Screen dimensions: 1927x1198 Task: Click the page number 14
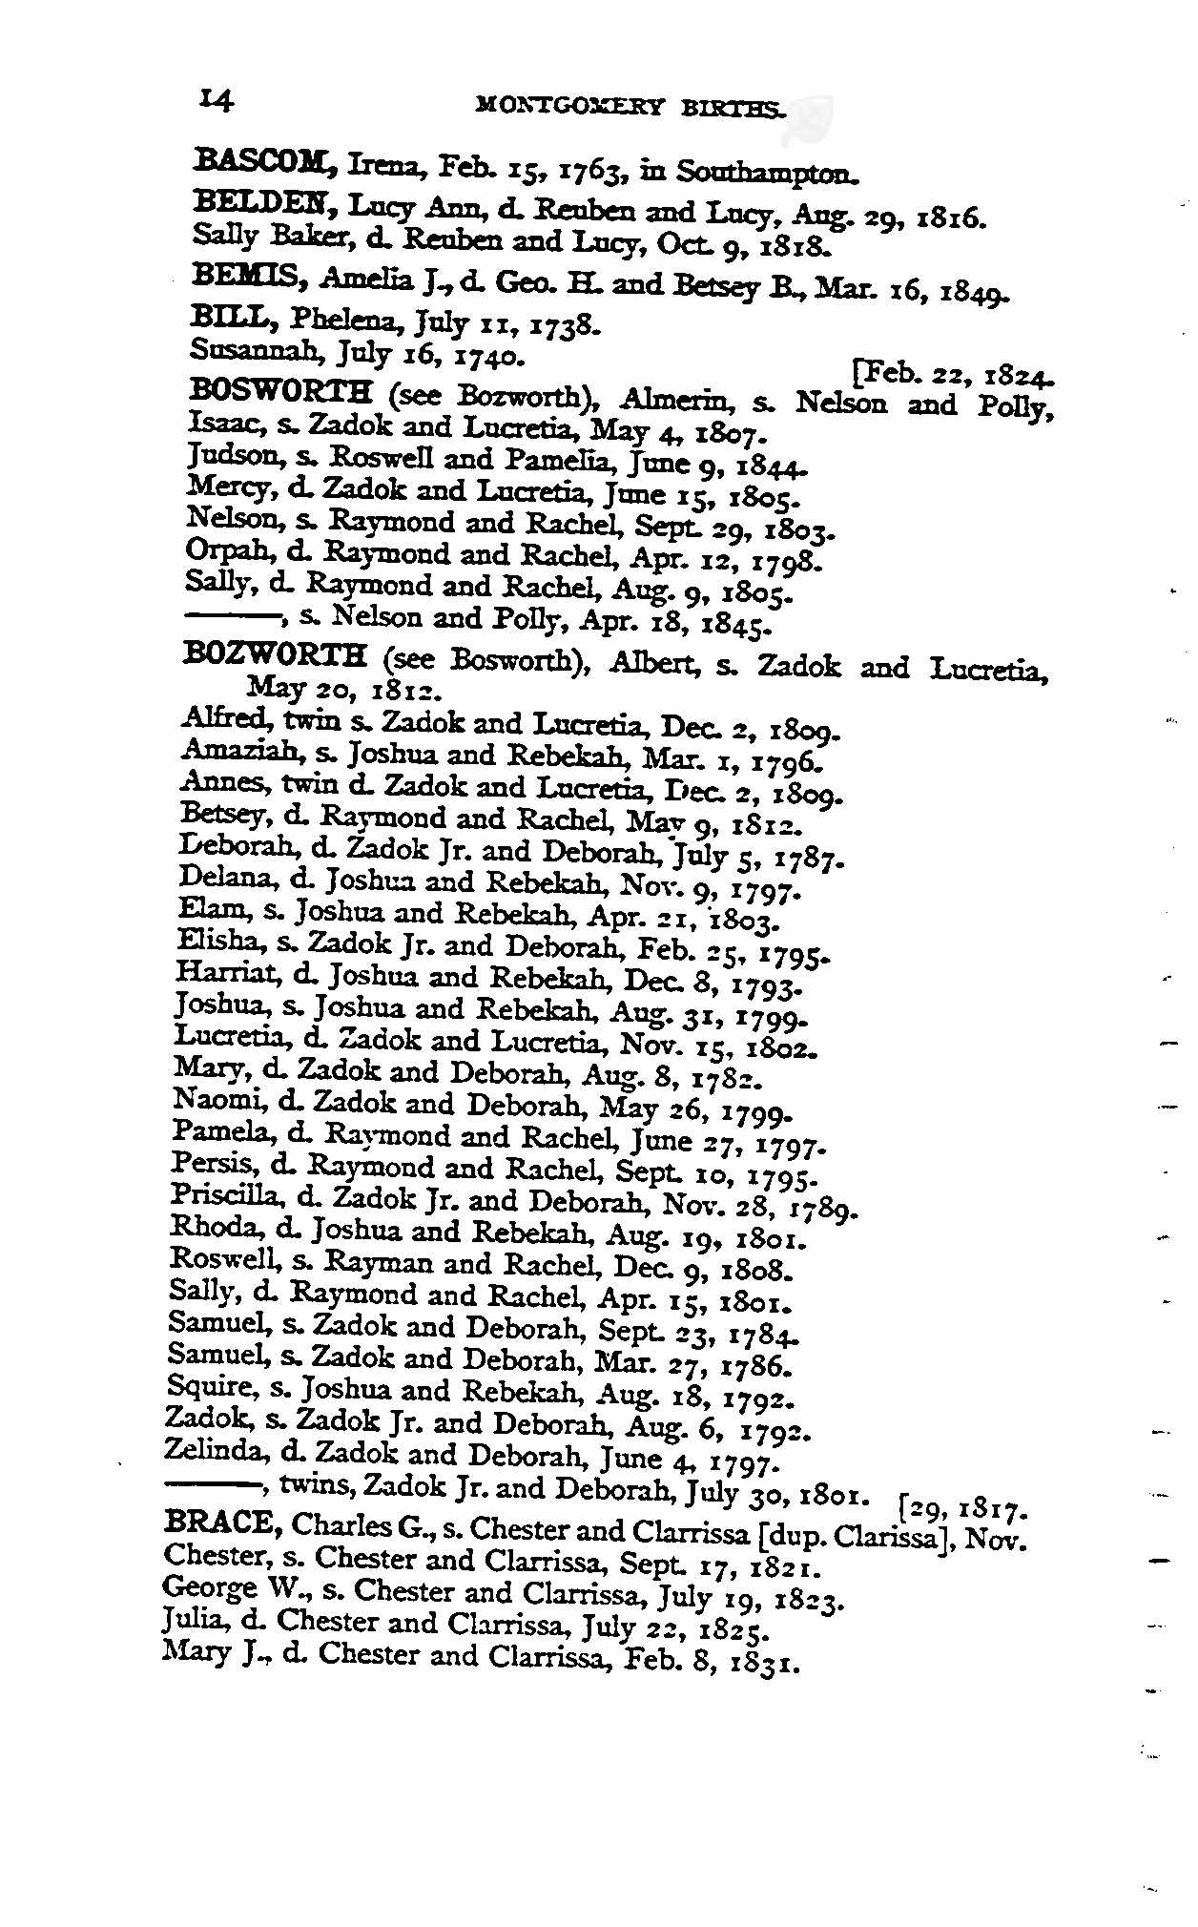[x=217, y=99]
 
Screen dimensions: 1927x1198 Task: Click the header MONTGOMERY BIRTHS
[x=631, y=107]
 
